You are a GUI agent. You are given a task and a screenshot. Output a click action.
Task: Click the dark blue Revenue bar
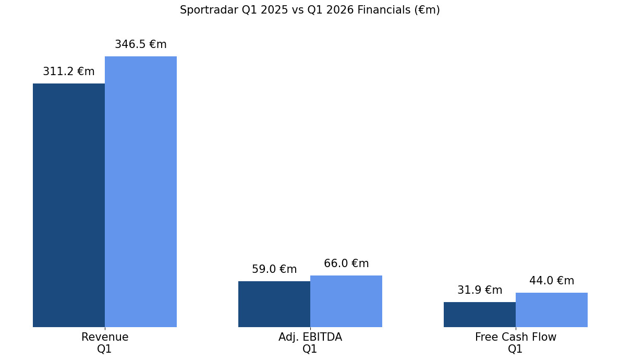[x=69, y=205]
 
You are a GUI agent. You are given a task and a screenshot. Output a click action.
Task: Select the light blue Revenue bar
[x=141, y=191]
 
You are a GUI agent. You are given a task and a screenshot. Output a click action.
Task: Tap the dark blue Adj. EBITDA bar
[x=274, y=304]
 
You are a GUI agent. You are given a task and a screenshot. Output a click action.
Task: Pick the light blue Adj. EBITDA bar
[x=346, y=301]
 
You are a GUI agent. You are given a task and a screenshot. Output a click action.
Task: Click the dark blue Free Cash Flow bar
[x=480, y=315]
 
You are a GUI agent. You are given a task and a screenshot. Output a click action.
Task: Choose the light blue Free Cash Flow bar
[x=552, y=310]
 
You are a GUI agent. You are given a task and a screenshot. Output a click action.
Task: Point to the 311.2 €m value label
[x=69, y=72]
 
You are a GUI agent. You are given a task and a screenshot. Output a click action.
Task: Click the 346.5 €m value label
[x=141, y=45]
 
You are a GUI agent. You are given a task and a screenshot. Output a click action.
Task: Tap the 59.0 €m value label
[x=274, y=270]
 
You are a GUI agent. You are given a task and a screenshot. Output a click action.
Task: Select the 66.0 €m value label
[x=346, y=264]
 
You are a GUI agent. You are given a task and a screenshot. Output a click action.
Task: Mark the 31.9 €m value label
[x=480, y=291]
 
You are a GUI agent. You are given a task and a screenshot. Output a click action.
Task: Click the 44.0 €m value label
[x=552, y=281]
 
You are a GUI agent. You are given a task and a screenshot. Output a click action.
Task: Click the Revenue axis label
[x=105, y=338]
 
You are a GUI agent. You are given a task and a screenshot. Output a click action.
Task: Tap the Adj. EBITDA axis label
[x=310, y=338]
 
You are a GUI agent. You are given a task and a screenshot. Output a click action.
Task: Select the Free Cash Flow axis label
[x=516, y=338]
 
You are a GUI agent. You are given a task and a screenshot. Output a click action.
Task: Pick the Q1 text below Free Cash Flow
[x=516, y=350]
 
